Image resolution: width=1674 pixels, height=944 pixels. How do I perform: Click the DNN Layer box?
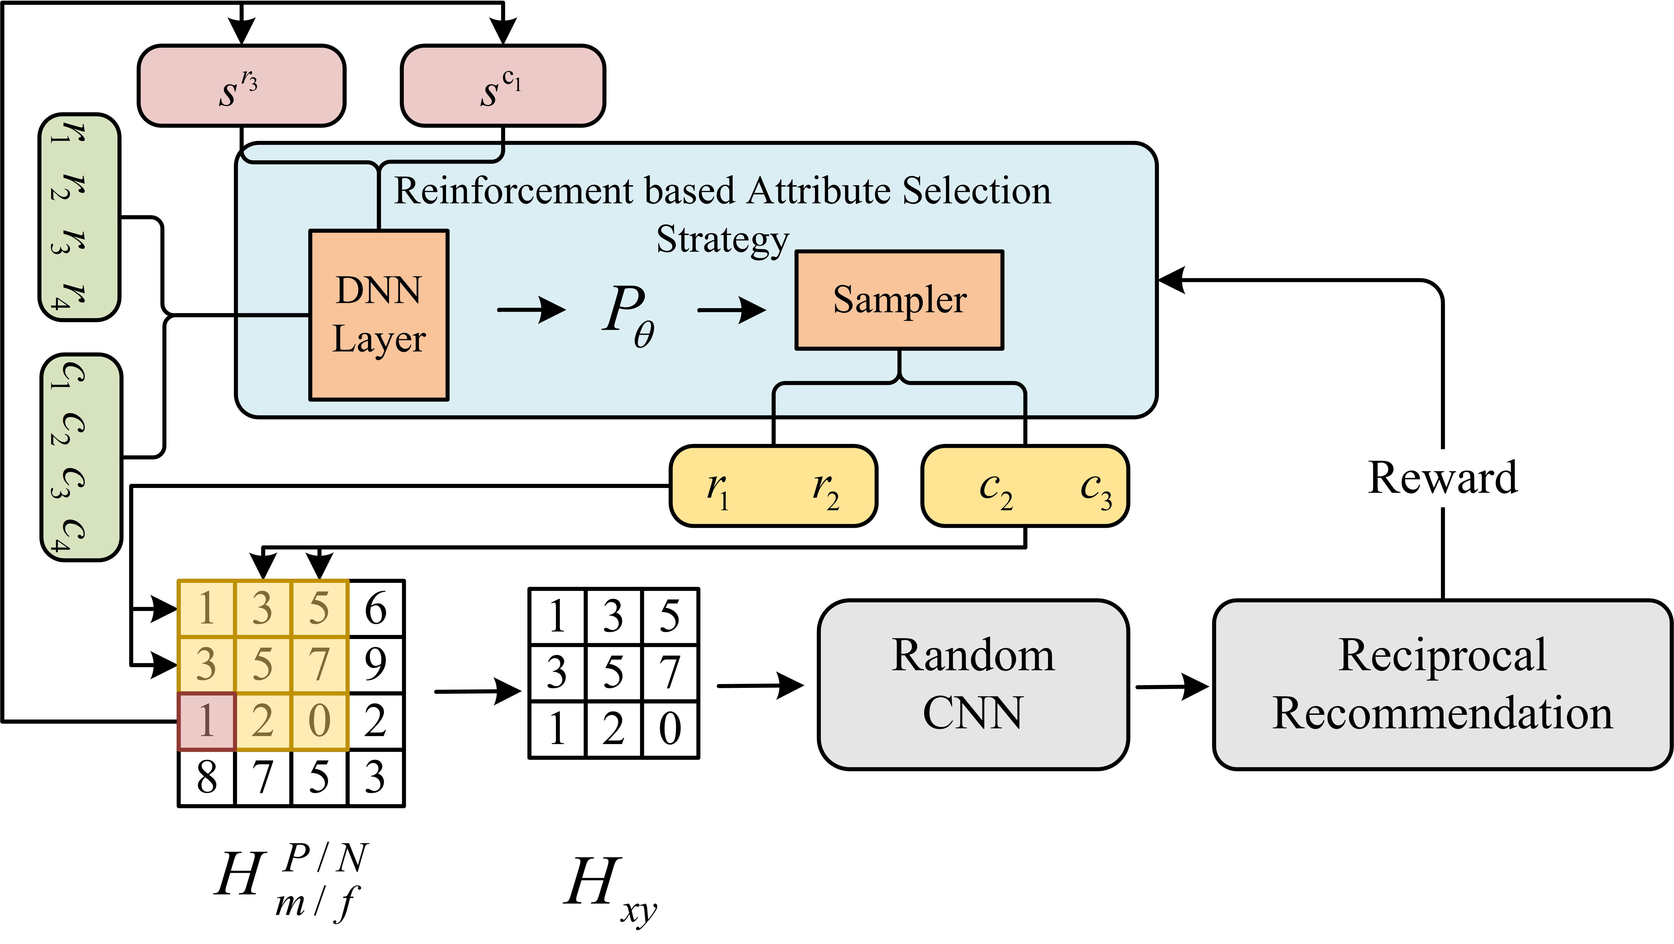point(379,315)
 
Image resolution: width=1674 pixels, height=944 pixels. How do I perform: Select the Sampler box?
point(899,300)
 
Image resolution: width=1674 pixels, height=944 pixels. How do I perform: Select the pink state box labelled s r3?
point(241,85)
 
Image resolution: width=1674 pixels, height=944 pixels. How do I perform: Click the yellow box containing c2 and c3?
point(1025,486)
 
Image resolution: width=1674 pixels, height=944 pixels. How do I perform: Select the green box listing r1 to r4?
point(79,217)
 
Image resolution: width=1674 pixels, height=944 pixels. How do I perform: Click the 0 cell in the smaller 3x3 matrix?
point(670,729)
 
